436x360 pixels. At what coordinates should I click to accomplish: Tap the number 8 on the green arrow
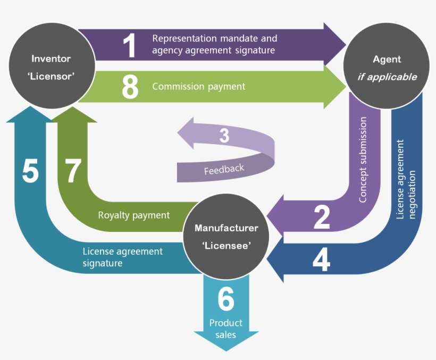click(130, 87)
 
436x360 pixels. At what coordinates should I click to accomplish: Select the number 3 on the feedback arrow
click(224, 136)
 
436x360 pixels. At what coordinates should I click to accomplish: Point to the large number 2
click(322, 217)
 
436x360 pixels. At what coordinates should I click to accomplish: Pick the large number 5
click(30, 172)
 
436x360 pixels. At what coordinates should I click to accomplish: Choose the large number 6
click(226, 299)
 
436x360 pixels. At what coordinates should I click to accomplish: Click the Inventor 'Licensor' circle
click(51, 67)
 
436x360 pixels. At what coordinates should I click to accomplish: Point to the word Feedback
click(224, 170)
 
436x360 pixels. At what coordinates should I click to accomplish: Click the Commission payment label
click(198, 86)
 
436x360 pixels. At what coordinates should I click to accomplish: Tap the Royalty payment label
click(133, 215)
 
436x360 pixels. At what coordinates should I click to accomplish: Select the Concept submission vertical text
click(363, 160)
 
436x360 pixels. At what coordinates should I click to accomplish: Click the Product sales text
click(226, 328)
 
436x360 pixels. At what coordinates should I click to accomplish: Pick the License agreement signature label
click(122, 257)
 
